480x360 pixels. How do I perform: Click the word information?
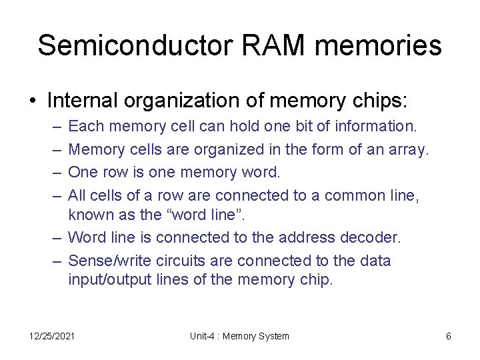click(376, 126)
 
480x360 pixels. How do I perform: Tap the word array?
click(408, 149)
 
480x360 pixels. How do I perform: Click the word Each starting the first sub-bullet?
click(85, 126)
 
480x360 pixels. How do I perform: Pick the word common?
click(353, 195)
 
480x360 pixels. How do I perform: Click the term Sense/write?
click(107, 260)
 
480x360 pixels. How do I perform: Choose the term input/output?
click(106, 280)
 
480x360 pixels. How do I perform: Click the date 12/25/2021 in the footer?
click(52, 336)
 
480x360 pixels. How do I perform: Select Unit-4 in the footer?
click(201, 336)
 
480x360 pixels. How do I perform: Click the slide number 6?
click(449, 336)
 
